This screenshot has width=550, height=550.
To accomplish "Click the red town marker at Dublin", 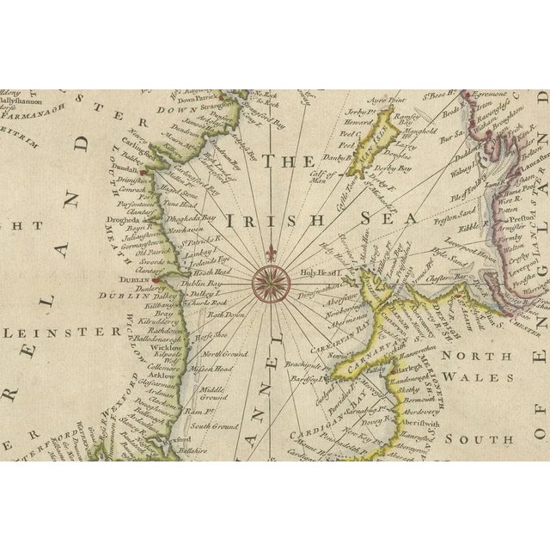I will coord(157,278).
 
